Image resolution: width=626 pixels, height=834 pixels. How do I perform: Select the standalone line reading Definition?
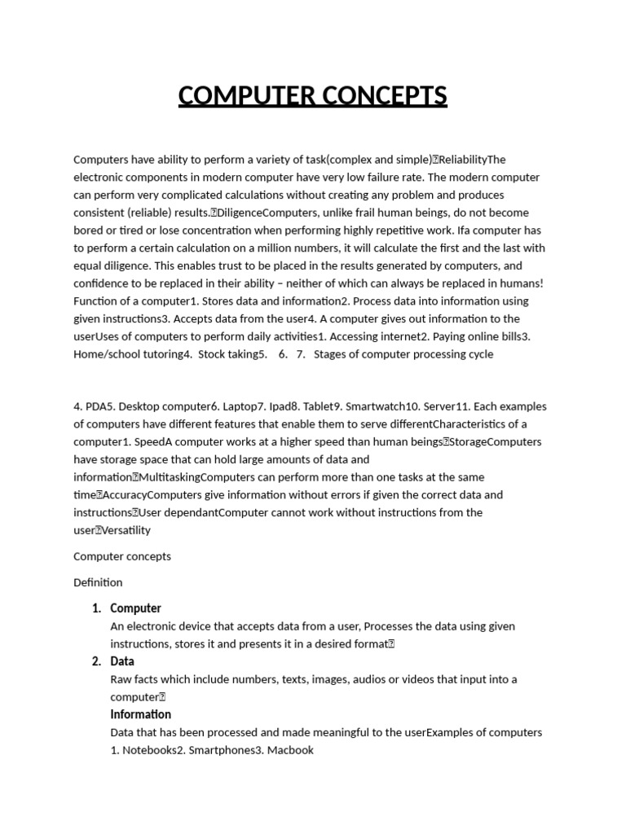pyautogui.click(x=98, y=582)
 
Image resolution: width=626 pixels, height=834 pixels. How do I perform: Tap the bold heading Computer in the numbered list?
pyautogui.click(x=135, y=608)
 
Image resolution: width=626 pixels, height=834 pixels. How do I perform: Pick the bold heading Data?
pyautogui.click(x=122, y=661)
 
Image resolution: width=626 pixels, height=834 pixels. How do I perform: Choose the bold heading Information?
pyautogui.click(x=140, y=714)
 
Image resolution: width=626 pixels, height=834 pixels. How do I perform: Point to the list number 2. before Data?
pyautogui.click(x=97, y=661)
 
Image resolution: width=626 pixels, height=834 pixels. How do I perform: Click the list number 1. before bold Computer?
pyautogui.click(x=97, y=608)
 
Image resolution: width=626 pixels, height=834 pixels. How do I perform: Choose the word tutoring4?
pyautogui.click(x=173, y=354)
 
